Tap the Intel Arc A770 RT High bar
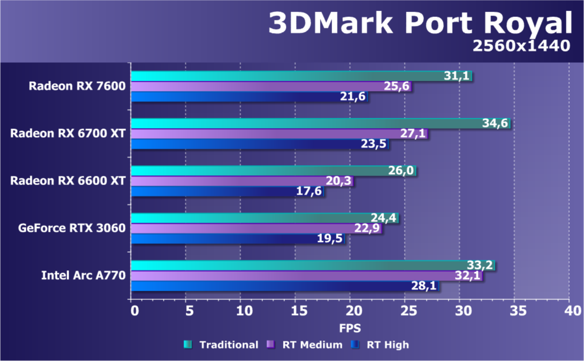(x=285, y=286)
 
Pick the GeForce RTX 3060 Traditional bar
(x=265, y=218)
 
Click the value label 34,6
(x=495, y=123)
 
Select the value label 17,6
(x=309, y=191)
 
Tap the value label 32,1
(x=468, y=276)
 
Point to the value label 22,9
(x=368, y=228)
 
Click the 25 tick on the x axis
(x=405, y=311)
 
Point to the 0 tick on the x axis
(x=133, y=311)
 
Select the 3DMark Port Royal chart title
(x=420, y=23)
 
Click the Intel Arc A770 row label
(x=83, y=276)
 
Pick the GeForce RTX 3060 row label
(x=72, y=228)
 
